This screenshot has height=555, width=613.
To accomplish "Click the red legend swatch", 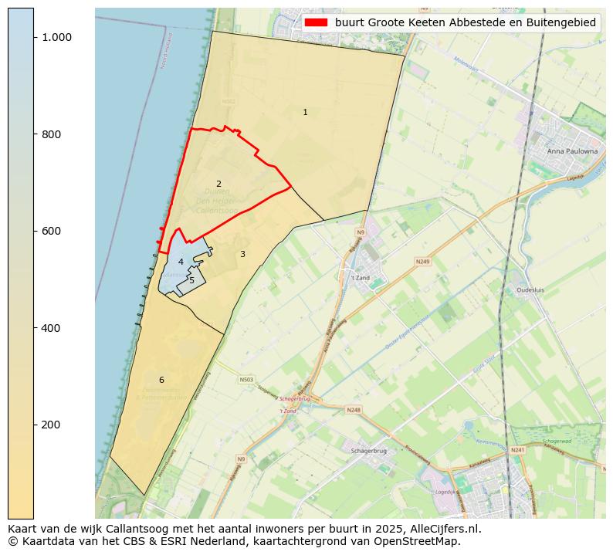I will [316, 23].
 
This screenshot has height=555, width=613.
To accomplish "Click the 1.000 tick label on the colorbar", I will [56, 37].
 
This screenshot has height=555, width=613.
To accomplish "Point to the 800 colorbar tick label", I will [51, 134].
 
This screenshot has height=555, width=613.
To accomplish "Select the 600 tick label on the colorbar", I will [51, 231].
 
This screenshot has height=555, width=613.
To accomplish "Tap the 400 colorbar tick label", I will [51, 328].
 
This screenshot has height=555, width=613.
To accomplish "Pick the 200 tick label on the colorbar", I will [51, 425].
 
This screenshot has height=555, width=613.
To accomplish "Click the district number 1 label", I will [305, 113].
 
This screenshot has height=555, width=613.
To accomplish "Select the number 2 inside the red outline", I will [218, 184].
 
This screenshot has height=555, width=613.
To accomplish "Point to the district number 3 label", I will [242, 254].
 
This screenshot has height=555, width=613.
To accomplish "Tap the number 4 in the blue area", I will [181, 262].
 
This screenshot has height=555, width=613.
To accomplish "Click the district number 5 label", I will [192, 280].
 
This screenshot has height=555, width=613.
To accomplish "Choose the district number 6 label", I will [161, 380].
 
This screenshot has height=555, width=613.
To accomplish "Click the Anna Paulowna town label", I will [572, 151].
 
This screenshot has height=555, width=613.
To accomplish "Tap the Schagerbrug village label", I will [368, 451].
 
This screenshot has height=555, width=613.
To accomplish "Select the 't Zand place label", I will [361, 278].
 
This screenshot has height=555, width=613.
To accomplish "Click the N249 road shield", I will [422, 262].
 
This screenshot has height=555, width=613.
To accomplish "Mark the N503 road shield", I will [246, 380].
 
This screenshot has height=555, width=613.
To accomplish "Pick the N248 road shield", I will [354, 410].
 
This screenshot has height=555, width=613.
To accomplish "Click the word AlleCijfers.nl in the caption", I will [442, 530].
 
